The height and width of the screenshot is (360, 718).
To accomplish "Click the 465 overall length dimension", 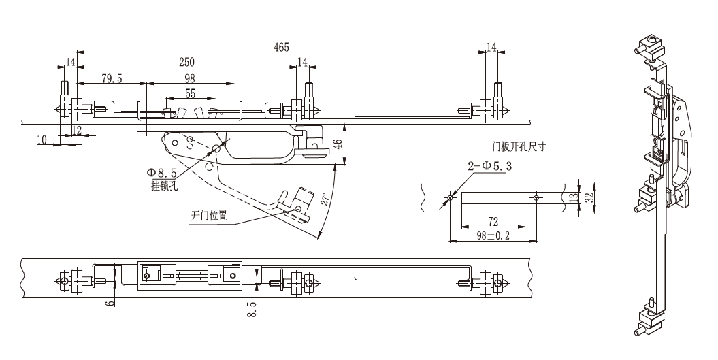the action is coord(281,47).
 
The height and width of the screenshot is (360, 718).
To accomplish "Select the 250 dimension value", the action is coord(186,62).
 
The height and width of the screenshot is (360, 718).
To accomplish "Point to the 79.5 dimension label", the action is coord(112,79).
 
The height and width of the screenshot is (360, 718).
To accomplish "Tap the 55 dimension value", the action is coord(190,93).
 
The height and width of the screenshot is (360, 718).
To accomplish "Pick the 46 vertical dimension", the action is coord(337,144).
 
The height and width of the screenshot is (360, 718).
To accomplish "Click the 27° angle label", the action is coord(325,199).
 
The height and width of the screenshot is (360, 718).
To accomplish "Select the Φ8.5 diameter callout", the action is coord(162,173).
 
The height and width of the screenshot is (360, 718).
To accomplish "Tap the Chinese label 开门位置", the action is coord(209,215).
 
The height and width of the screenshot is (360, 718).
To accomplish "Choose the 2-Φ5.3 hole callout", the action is coord(489,166).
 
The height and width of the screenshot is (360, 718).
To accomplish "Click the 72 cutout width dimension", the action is coord(493,222).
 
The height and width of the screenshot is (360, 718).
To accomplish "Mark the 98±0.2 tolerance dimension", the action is coord(493,235).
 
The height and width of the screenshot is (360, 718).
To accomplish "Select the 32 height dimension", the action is coord(590,197).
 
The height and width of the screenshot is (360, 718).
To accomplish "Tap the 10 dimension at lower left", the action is coord(42,140).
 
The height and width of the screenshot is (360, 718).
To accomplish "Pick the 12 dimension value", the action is coord(76,131).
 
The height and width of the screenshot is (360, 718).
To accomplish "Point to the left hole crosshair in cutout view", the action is coord(450,197).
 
